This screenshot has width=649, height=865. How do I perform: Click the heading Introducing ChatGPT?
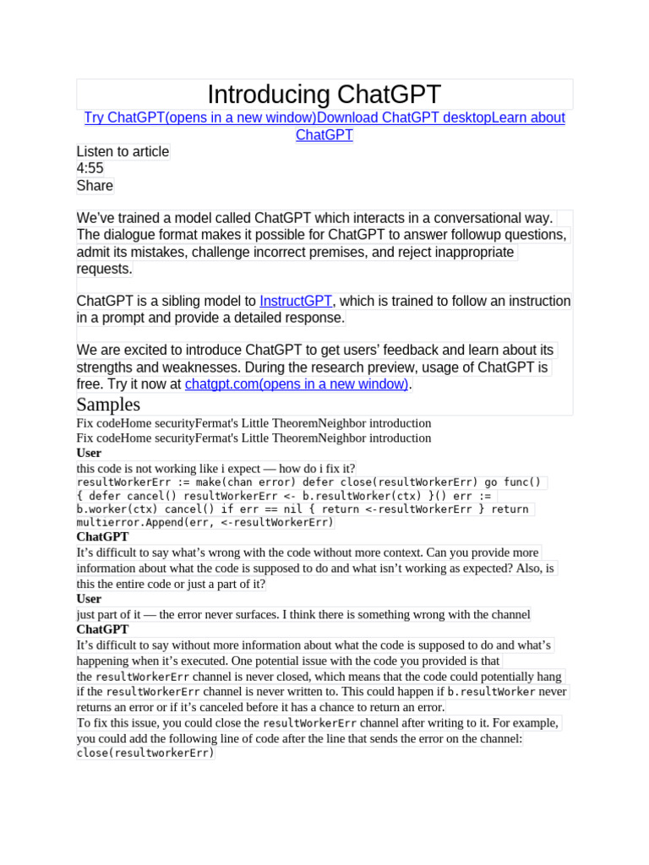[x=324, y=95]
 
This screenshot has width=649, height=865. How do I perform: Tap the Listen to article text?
[x=123, y=151]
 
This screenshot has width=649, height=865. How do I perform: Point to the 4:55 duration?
[x=90, y=168]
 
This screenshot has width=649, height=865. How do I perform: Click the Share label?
[x=95, y=186]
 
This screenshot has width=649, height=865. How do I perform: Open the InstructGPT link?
[x=296, y=301]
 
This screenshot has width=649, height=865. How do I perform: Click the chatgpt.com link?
[x=297, y=384]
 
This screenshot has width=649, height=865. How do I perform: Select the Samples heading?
[x=108, y=404]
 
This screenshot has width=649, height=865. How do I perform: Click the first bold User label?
[x=89, y=453]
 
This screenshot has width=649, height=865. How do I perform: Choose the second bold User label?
[x=89, y=599]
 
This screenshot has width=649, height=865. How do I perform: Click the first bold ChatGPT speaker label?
[x=102, y=536]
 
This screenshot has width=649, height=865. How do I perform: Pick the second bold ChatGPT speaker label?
[x=102, y=629]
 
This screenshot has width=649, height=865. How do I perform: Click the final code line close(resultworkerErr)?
[x=145, y=753]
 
